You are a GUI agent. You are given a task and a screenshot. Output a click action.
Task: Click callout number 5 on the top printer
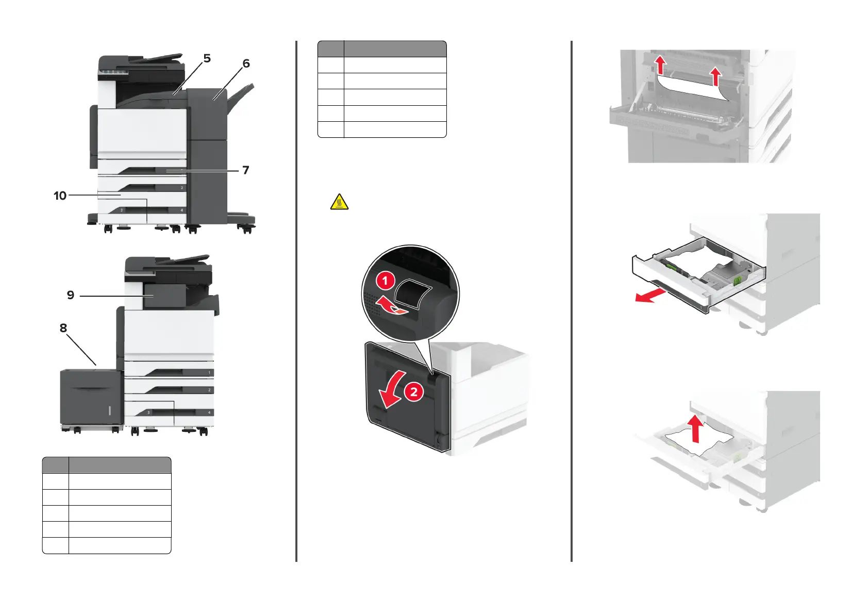[x=207, y=59]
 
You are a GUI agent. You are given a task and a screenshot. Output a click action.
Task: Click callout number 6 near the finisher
[x=246, y=64]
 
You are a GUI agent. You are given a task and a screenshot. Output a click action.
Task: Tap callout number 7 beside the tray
[x=246, y=170]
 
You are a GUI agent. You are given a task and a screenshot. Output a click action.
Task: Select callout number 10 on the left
[x=60, y=196]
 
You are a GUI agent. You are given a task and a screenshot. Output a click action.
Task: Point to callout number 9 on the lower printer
[x=71, y=295]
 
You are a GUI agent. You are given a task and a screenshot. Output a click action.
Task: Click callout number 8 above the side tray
[x=63, y=328]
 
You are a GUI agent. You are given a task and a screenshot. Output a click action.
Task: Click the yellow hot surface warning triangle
[x=339, y=202]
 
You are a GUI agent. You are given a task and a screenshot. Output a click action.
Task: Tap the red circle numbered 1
[x=385, y=281]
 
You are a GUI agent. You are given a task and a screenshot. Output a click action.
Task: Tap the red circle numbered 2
[x=413, y=392]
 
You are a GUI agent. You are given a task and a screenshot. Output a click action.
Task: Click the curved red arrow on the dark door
[x=391, y=393]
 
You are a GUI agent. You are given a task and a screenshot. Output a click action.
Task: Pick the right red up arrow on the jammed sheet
[x=715, y=76]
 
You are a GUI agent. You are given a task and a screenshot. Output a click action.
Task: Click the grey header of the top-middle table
[x=381, y=49]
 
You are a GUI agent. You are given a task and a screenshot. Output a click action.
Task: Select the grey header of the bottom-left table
[x=106, y=465]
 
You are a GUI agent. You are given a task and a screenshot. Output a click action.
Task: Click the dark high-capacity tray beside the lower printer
[x=91, y=397]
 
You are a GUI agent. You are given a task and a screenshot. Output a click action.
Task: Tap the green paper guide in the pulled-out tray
[x=737, y=280]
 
